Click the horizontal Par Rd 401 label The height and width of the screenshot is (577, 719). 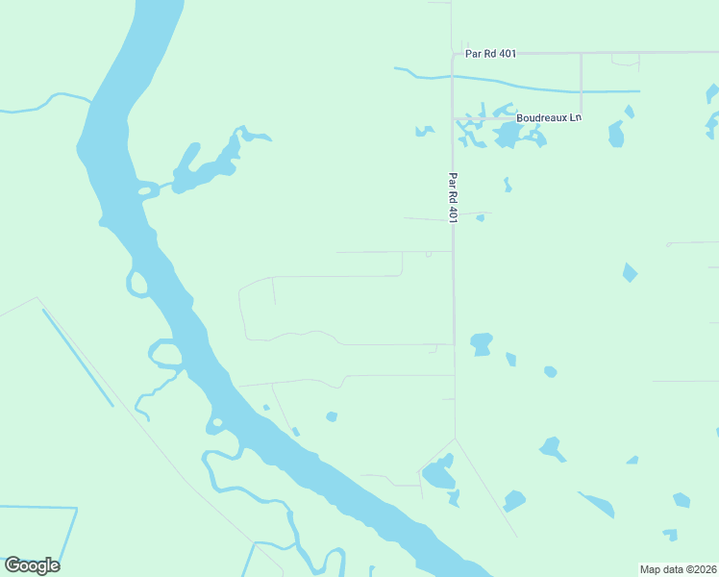coord(490,54)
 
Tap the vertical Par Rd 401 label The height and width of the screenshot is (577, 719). coord(454,198)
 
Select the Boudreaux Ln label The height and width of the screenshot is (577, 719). coord(549,117)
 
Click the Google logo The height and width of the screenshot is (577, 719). coord(32,565)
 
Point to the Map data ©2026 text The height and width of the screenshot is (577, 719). coord(679,569)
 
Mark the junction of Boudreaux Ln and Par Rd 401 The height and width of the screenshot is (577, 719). coord(454,118)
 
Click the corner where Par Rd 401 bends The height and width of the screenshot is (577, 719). coord(454,54)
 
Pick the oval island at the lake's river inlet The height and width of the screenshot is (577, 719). coord(146,190)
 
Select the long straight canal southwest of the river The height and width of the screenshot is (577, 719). coord(77,357)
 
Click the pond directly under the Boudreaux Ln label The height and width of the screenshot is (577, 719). coord(507,136)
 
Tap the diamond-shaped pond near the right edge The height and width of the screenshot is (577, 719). coord(630,272)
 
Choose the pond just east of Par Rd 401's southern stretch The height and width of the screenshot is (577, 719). coord(482,342)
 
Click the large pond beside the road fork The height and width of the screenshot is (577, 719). coord(438,473)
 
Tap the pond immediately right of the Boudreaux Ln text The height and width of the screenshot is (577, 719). coord(616,134)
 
